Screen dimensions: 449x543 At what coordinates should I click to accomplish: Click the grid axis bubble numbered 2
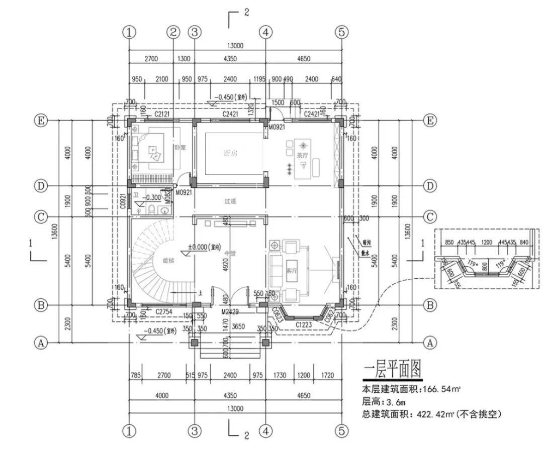point(173,32)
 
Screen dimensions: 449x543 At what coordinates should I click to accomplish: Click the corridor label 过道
point(230,201)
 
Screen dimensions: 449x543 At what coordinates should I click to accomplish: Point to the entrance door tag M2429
point(230,312)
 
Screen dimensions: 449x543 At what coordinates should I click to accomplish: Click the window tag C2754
point(164,312)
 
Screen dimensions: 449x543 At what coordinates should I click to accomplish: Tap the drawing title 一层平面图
point(392,370)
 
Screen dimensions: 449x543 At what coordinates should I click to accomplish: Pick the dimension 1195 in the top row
point(259,79)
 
